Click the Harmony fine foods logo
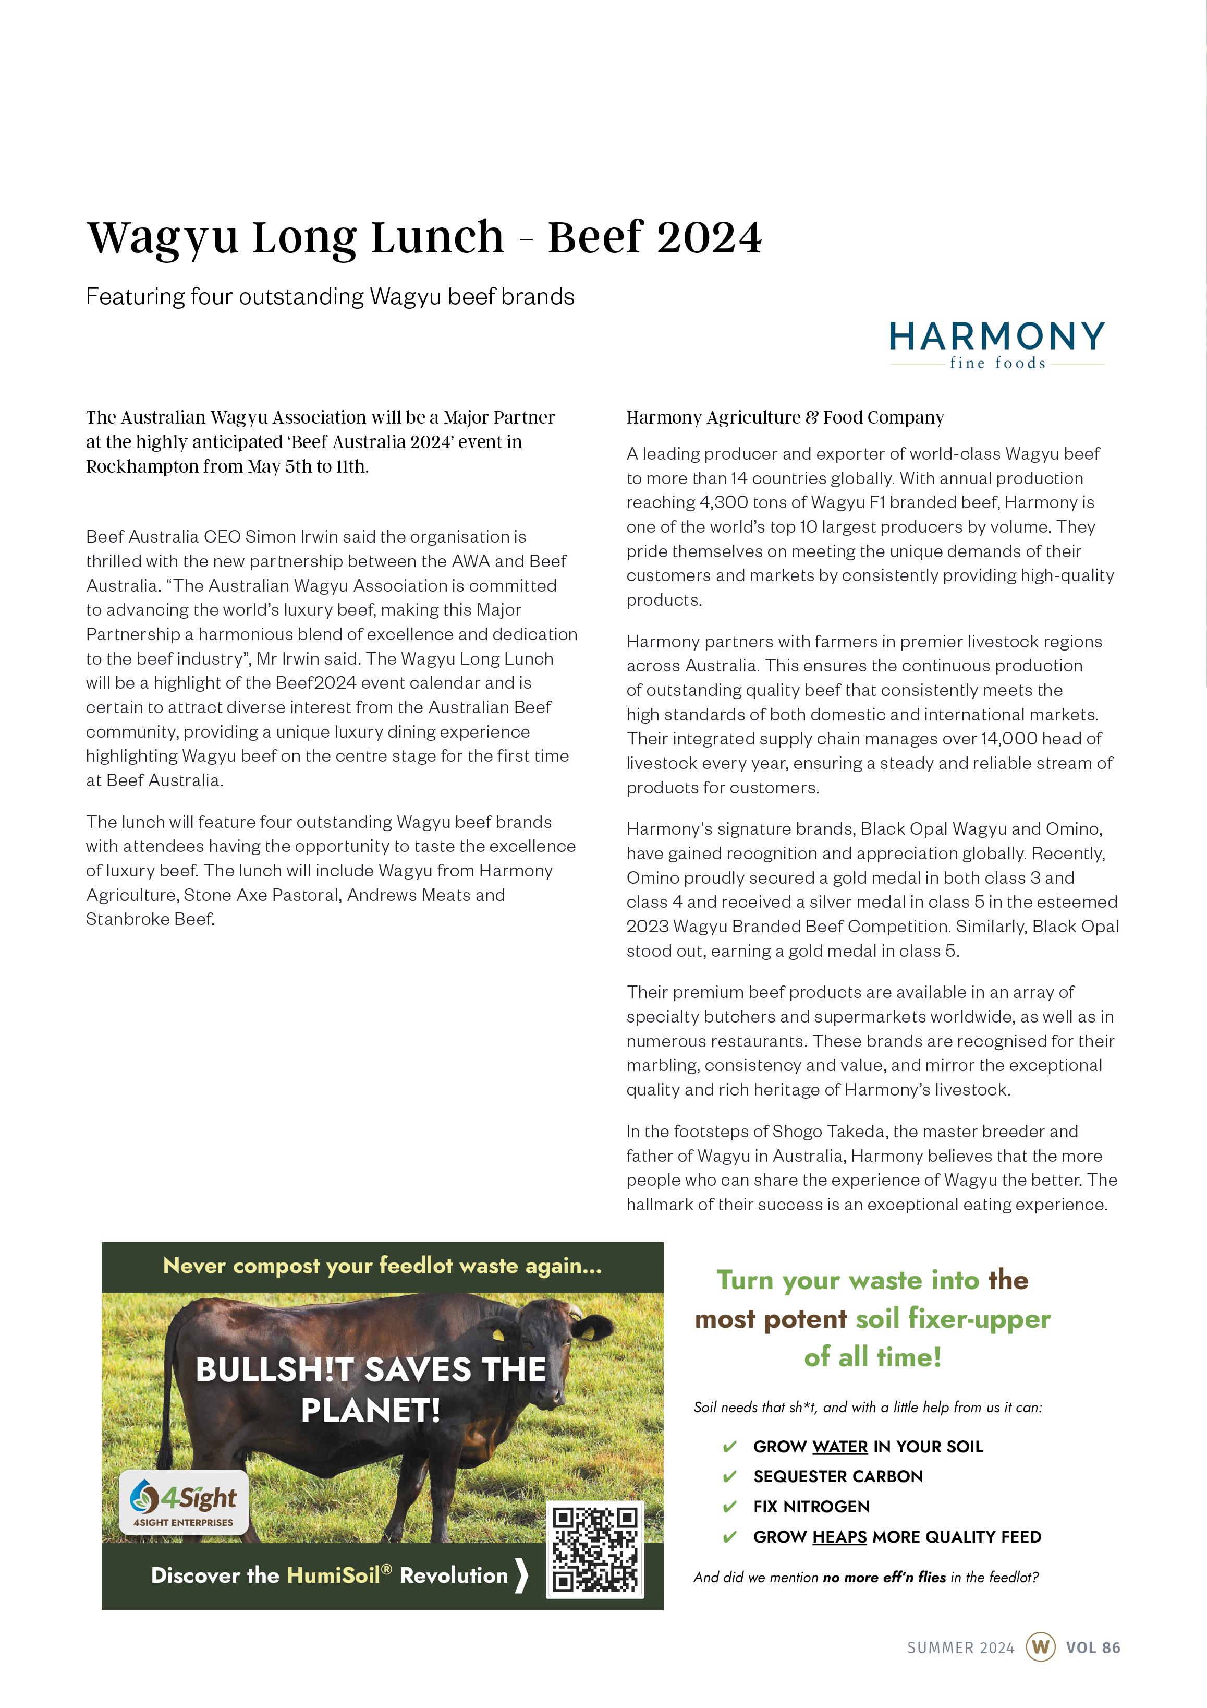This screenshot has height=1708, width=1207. click(x=996, y=344)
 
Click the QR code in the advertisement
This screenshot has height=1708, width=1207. click(x=595, y=1549)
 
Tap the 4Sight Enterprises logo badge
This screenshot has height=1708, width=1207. click(x=183, y=1502)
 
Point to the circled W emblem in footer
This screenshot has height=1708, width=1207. click(x=1040, y=1647)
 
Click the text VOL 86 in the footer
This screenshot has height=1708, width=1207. click(x=1092, y=1647)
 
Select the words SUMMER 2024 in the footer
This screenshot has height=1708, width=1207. click(x=960, y=1647)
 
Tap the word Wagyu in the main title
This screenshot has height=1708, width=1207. click(x=163, y=237)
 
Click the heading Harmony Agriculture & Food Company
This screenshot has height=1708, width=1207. click(x=785, y=417)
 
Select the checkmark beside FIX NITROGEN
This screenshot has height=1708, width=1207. click(x=729, y=1507)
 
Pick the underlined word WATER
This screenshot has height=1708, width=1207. click(x=839, y=1446)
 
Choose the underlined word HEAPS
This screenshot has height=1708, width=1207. click(x=839, y=1536)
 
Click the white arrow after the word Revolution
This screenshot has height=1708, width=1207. click(x=521, y=1575)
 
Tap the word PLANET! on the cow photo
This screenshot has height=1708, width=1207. click(x=370, y=1410)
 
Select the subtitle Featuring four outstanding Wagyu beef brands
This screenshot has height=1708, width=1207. click(x=330, y=297)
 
